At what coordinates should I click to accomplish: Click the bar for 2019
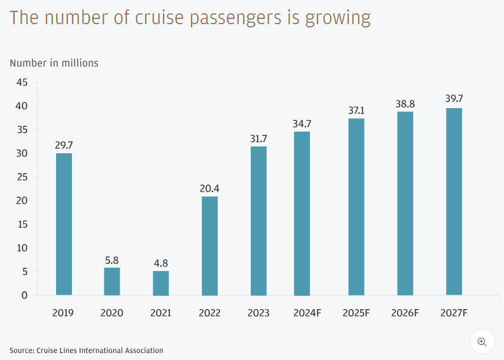pos(64,224)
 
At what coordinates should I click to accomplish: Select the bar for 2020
pos(112,281)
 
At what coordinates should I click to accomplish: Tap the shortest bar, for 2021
pos(161,283)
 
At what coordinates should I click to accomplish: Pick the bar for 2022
pos(209,246)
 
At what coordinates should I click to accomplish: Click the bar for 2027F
pos(454,202)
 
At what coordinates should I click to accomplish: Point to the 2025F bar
pos(356,207)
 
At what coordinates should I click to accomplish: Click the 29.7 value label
pos(64,146)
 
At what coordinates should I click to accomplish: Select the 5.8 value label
pos(112,260)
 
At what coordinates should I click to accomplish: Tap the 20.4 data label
pos(209,189)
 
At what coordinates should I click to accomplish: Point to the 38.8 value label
pos(405,104)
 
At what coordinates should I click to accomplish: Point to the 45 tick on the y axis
pos(22,82)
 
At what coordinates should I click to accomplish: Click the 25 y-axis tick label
pos(22,177)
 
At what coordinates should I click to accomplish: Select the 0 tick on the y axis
pos(25,295)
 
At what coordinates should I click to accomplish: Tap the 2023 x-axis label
pos(258,313)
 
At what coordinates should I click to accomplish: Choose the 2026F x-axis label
pos(405,313)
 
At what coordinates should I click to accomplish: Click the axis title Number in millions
pos(54,63)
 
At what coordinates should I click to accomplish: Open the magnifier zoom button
pos(482,342)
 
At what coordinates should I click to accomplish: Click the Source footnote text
pos(87,350)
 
